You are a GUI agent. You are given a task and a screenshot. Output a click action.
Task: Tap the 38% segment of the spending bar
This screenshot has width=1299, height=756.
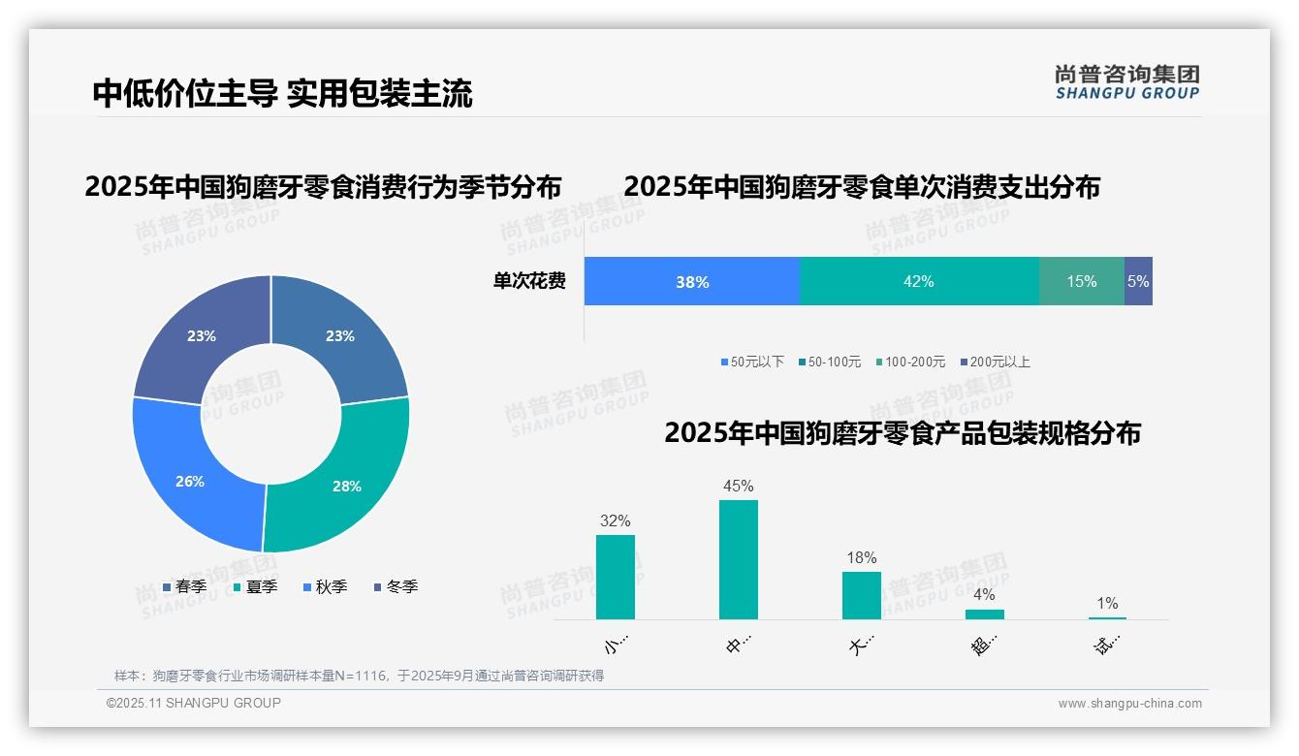coord(692,282)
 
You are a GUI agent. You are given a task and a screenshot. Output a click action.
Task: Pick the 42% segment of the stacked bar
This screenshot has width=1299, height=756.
coord(918,282)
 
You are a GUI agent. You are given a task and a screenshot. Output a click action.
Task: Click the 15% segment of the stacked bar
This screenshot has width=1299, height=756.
coord(1081,282)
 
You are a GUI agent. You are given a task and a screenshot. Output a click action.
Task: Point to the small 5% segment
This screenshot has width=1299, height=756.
coord(1138,282)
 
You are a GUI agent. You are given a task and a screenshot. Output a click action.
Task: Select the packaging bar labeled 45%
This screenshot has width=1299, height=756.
coord(739,559)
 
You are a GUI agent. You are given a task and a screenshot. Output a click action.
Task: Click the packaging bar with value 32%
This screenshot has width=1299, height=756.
coord(616,577)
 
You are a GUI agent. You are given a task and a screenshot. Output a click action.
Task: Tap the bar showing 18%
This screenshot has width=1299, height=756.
coord(862,595)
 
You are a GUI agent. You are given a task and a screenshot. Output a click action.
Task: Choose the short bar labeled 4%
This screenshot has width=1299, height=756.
coord(985,614)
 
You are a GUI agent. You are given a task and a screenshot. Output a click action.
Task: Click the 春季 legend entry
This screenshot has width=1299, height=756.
coord(184,587)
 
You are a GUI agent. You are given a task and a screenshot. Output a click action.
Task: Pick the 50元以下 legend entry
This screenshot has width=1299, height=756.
coord(752,362)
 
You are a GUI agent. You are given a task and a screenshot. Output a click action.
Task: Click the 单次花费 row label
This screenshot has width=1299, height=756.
coord(529,282)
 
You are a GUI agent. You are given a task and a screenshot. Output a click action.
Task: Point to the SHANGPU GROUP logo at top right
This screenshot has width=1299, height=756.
coord(1126,82)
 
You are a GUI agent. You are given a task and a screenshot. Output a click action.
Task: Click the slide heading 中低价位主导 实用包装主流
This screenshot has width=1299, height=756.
coord(282,94)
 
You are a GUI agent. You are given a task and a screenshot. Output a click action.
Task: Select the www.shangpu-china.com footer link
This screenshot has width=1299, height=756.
coord(1129,704)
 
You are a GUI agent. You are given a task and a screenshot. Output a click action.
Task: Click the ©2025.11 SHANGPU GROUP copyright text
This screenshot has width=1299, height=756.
coord(194,704)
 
